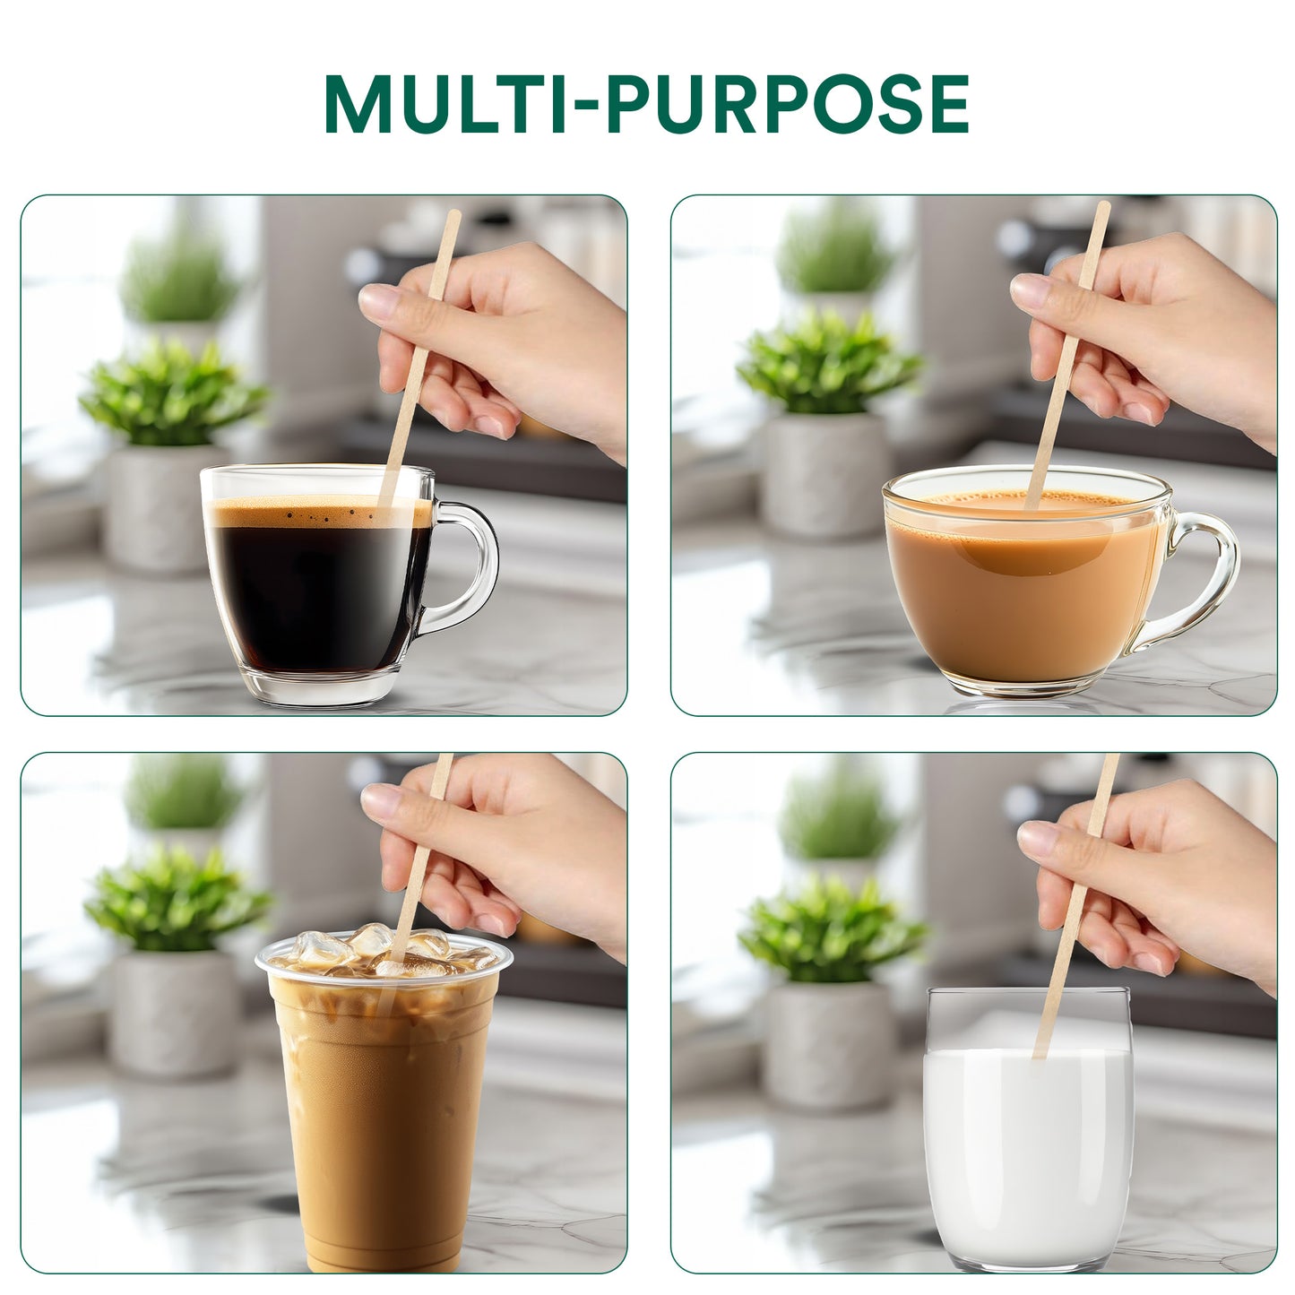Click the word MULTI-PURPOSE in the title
(646, 104)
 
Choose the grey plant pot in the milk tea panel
(825, 475)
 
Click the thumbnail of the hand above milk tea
(1028, 288)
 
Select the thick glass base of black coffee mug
(323, 687)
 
